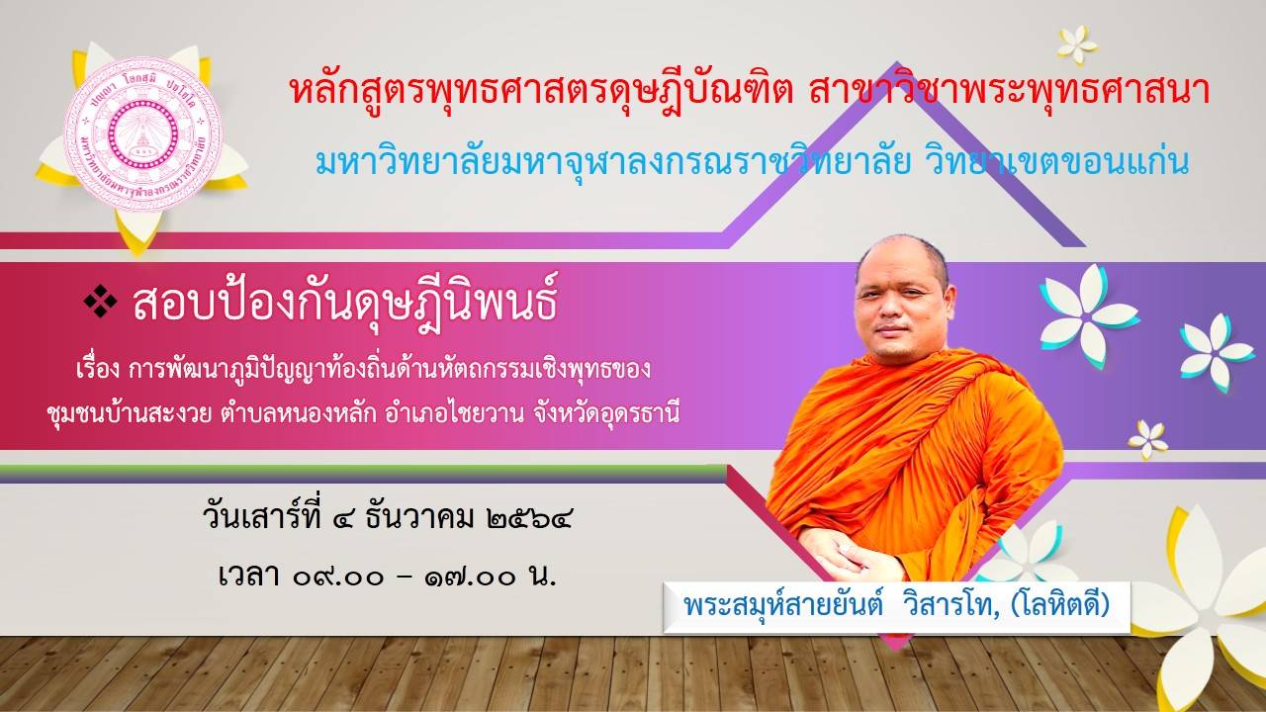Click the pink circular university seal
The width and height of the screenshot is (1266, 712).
click(141, 133)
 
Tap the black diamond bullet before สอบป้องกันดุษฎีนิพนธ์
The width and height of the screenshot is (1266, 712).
click(101, 302)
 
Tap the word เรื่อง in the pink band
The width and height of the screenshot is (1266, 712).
click(97, 370)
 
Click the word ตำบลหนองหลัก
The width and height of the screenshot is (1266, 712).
click(299, 414)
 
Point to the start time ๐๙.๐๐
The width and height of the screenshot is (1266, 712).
click(338, 578)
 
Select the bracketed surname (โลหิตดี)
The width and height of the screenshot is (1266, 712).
click(1060, 605)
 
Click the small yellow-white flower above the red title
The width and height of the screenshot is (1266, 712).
click(1077, 44)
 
